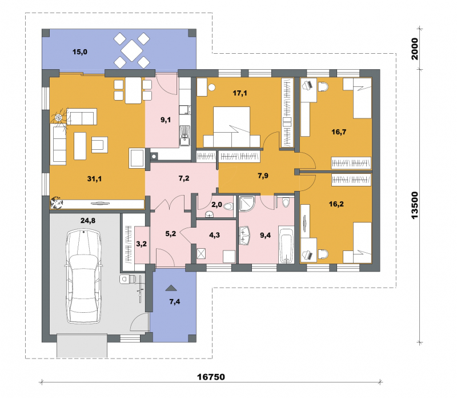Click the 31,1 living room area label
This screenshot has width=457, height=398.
coord(94,178)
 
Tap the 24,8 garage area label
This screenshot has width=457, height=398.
coord(88,221)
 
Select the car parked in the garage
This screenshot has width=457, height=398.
coord(84,276)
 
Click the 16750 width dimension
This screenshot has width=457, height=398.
coord(211,377)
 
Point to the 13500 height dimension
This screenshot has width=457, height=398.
coord(414,205)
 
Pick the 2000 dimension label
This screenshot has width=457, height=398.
coord(414,49)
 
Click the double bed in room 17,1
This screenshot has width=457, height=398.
coord(232,127)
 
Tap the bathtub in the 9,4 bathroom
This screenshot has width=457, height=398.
coord(286,245)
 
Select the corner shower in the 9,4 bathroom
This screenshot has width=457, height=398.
coord(247,203)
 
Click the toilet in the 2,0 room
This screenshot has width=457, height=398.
coord(228,206)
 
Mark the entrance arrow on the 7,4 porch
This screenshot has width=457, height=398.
coord(171,288)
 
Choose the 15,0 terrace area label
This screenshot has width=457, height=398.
coord(80,52)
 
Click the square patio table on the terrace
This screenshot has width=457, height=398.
coord(132,50)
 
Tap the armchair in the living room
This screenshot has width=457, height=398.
coord(99,145)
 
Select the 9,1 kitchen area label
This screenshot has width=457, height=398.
coord(166,120)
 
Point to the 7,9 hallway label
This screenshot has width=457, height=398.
coord(263,176)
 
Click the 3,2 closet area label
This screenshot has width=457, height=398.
coord(141,244)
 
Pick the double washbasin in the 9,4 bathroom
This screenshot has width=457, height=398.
coord(244,235)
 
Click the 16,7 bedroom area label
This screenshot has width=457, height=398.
coord(339,132)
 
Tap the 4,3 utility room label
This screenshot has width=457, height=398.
coord(215,235)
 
